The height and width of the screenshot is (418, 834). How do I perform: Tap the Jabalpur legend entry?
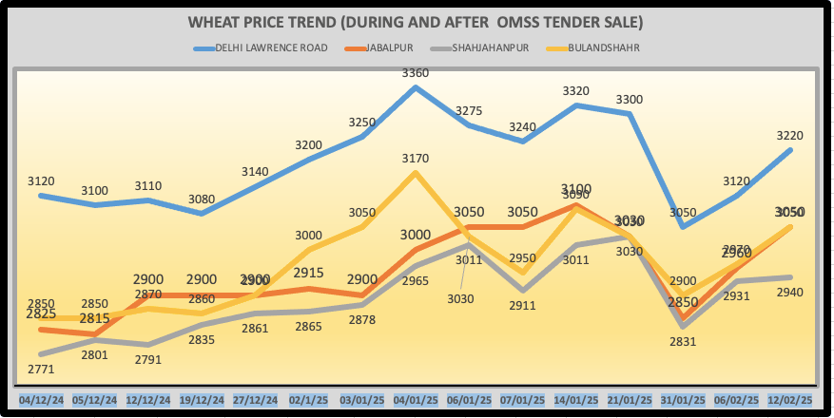pos(389,47)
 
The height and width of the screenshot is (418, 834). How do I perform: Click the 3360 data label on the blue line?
pos(416,72)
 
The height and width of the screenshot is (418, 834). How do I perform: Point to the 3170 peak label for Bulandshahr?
pos(416,159)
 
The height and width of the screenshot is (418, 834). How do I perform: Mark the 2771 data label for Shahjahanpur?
pos(41,370)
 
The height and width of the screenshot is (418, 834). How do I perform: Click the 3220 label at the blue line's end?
pos(789,135)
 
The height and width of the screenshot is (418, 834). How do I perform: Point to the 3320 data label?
pos(576,91)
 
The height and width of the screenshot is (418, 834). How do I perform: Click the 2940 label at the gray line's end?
pos(789,293)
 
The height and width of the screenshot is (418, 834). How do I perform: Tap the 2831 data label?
pos(683,343)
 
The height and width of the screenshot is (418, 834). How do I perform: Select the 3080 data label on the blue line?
pos(201,199)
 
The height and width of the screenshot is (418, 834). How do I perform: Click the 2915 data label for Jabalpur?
pos(309,274)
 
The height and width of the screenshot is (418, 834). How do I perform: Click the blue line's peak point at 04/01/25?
pos(416,87)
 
